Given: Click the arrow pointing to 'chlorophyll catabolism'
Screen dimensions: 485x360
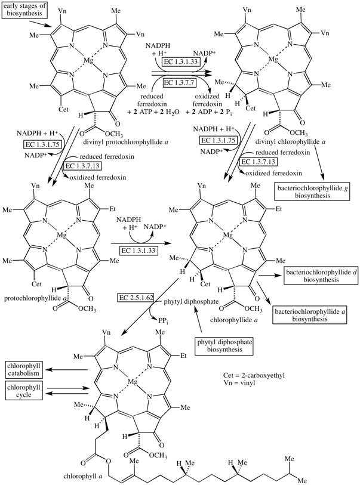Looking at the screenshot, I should pos(72,370).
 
